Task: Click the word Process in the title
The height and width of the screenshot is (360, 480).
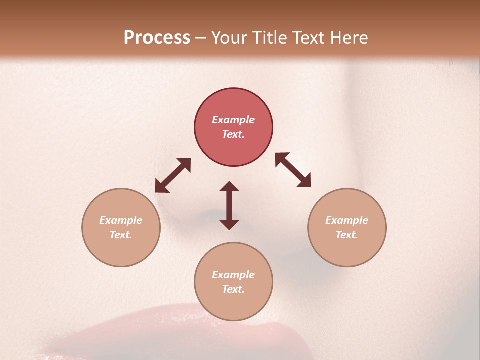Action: [x=157, y=38]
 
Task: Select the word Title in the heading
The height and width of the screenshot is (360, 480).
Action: [x=271, y=38]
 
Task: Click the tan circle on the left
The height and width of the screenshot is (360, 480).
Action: [x=121, y=227]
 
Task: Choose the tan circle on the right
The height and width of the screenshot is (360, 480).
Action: [x=347, y=227]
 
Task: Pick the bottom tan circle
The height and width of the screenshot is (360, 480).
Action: [x=233, y=281]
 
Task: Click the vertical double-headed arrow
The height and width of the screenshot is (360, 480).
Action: [x=229, y=205]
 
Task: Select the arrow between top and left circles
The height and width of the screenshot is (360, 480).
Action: [x=173, y=175]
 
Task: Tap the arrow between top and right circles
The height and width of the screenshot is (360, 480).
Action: [x=293, y=170]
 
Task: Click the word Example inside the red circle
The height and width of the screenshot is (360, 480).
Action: [x=233, y=120]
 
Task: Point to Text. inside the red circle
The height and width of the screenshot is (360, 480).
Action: [x=233, y=134]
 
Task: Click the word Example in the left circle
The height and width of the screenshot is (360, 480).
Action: [x=121, y=220]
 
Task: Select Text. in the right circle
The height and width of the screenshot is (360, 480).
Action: [x=347, y=235]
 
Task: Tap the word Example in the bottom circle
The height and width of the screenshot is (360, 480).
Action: [x=233, y=275]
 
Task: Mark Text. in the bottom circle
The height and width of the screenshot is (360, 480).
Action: [x=233, y=289]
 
